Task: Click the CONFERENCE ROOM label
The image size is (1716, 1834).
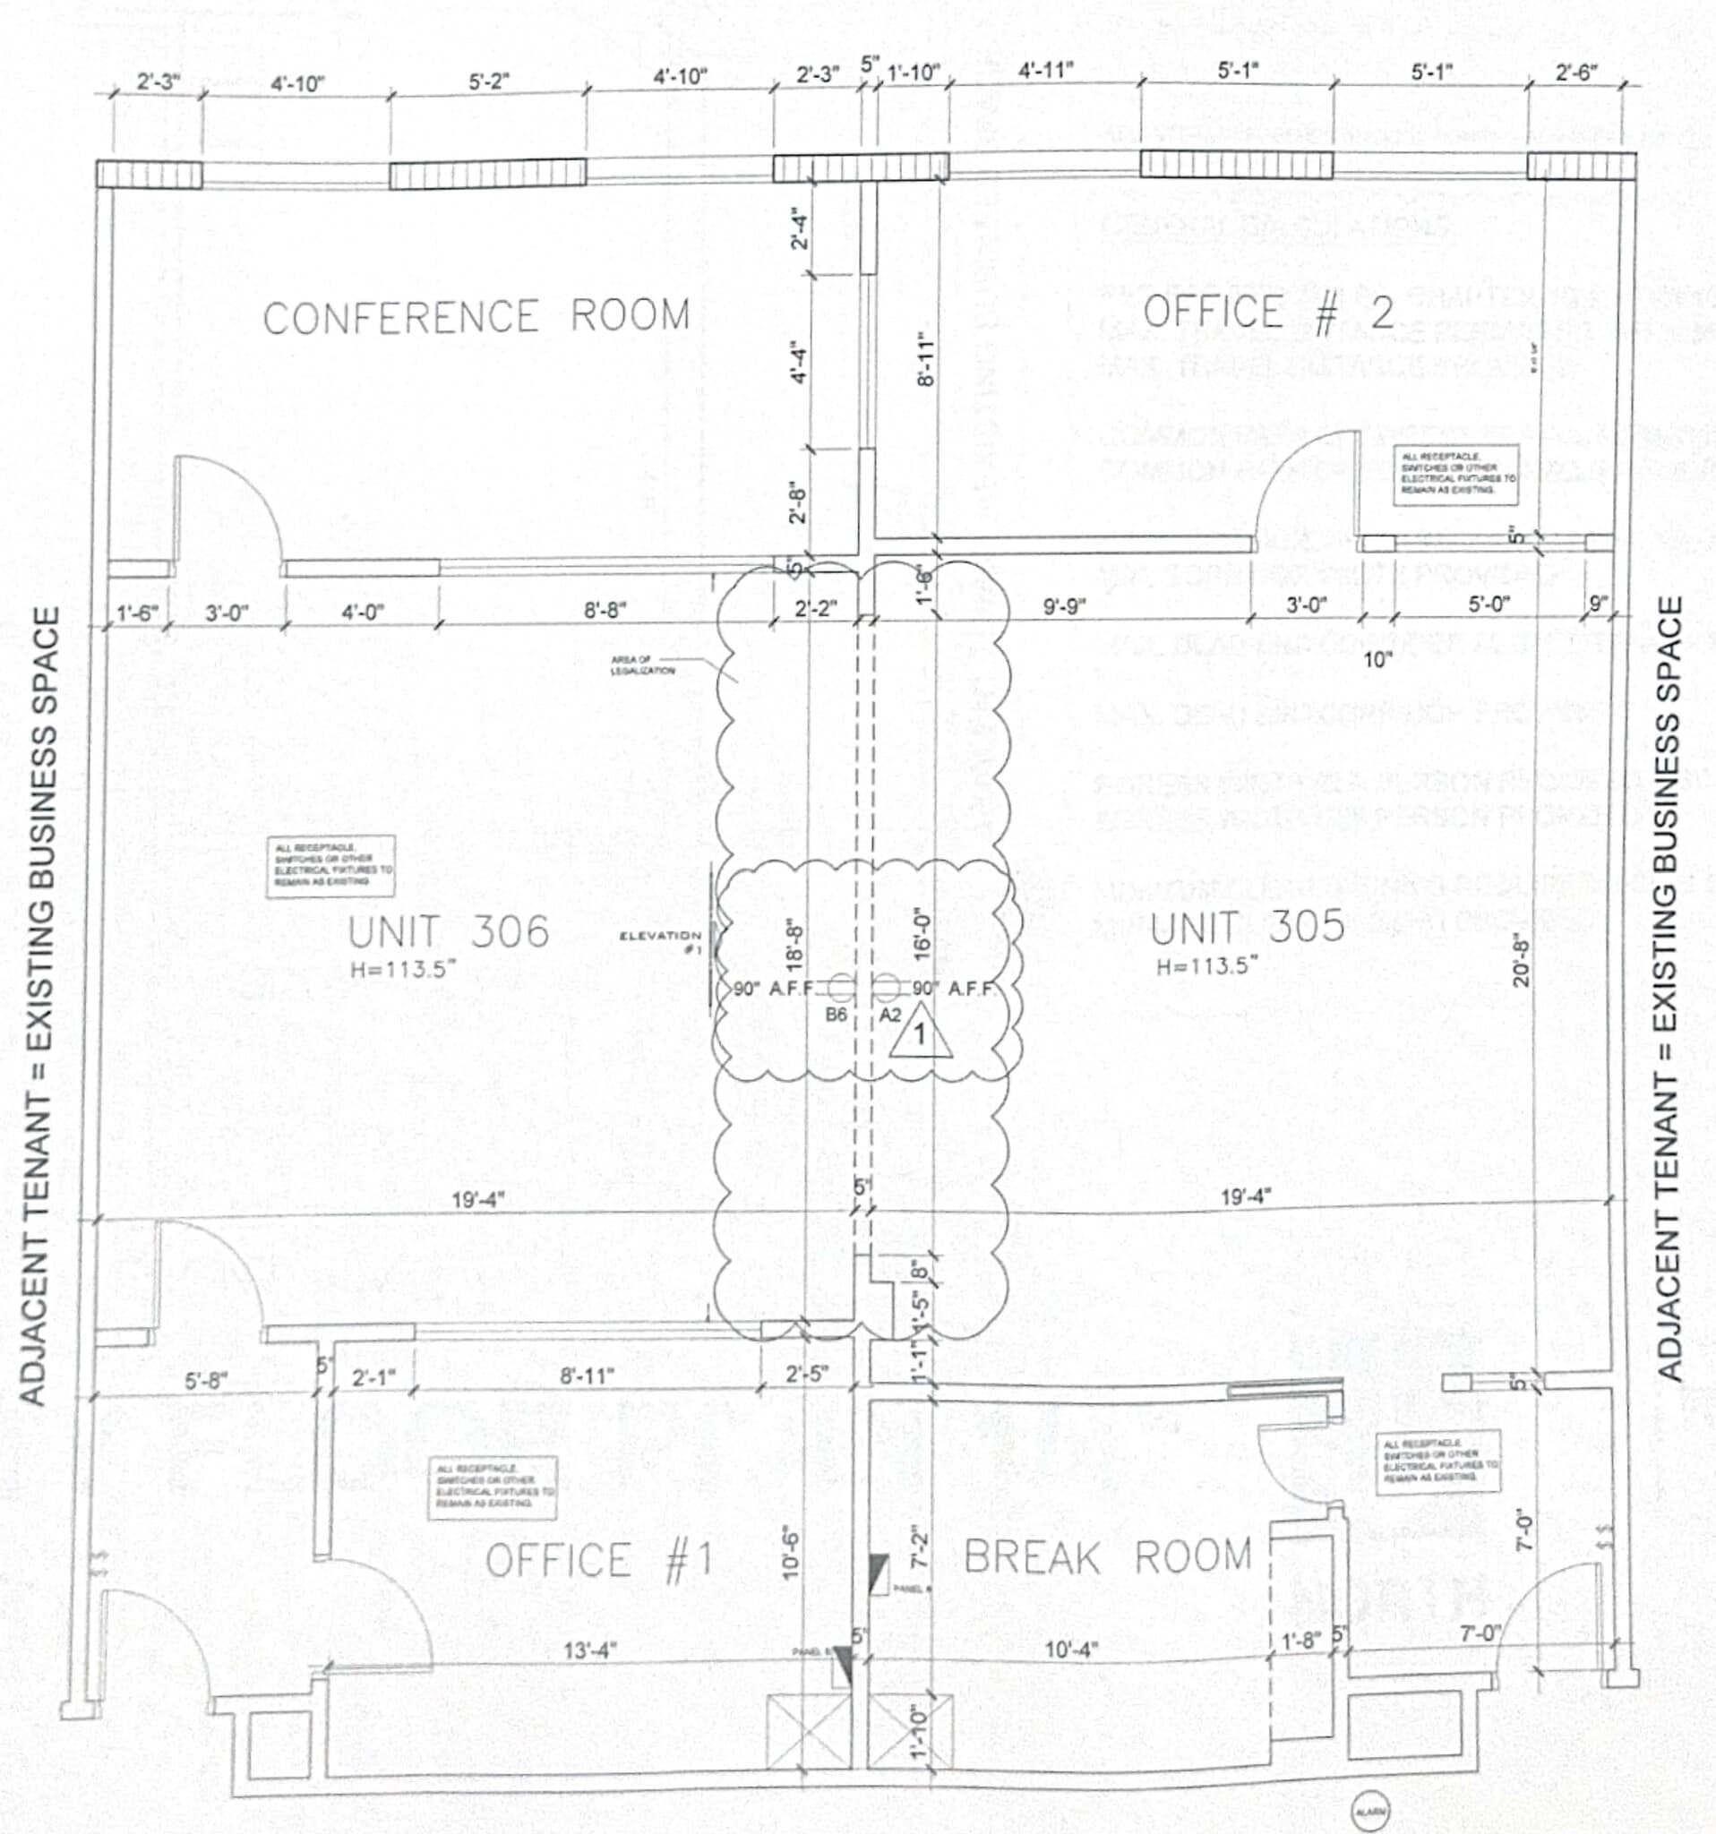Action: point(476,316)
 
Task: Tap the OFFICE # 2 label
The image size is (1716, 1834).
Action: point(1268,313)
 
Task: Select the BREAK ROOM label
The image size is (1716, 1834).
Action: point(1107,1557)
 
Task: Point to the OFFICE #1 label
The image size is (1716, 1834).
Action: point(600,1561)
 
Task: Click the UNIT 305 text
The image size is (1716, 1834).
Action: point(1248,927)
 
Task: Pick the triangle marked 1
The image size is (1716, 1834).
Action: point(920,1033)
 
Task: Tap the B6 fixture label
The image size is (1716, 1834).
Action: point(836,1015)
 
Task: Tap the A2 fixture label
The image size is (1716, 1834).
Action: point(889,1015)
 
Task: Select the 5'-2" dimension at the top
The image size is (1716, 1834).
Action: point(488,82)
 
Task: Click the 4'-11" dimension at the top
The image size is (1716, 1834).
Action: point(1046,71)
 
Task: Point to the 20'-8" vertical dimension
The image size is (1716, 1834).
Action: point(1522,959)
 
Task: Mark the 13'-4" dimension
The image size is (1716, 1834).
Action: point(590,1650)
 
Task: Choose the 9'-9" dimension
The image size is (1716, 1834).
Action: point(1064,607)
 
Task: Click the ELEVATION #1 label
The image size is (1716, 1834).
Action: point(661,942)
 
